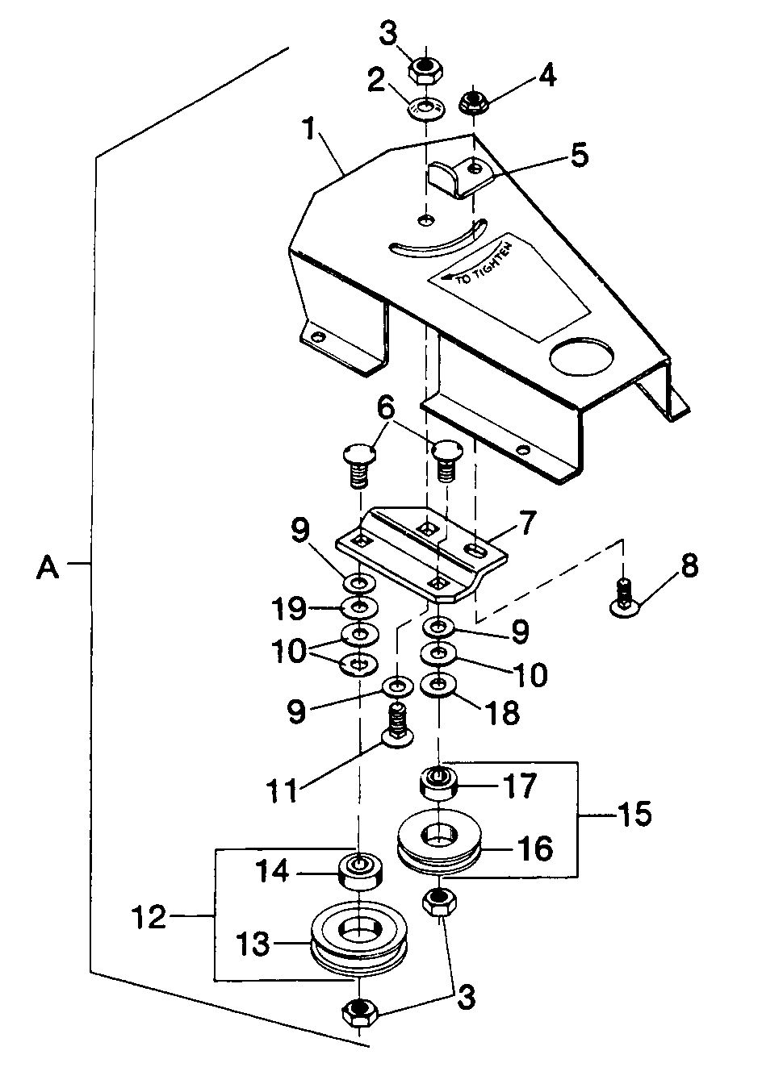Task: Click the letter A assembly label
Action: [x=48, y=567]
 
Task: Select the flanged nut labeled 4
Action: [x=473, y=104]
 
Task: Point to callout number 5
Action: [x=579, y=155]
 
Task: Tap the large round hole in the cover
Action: [x=580, y=357]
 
